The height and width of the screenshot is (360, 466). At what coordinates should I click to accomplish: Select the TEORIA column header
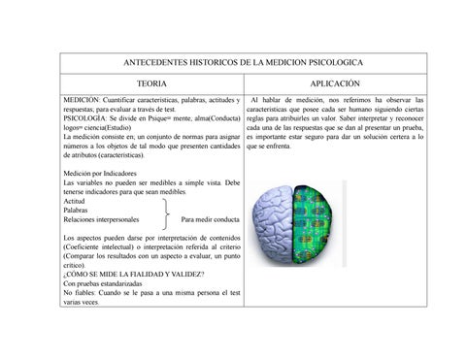click(x=151, y=85)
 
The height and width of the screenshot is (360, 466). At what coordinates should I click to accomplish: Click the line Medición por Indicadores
click(x=101, y=174)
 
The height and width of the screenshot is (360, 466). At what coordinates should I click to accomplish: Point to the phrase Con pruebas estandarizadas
click(x=103, y=283)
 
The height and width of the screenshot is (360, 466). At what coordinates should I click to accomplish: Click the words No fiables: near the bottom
click(x=80, y=292)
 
